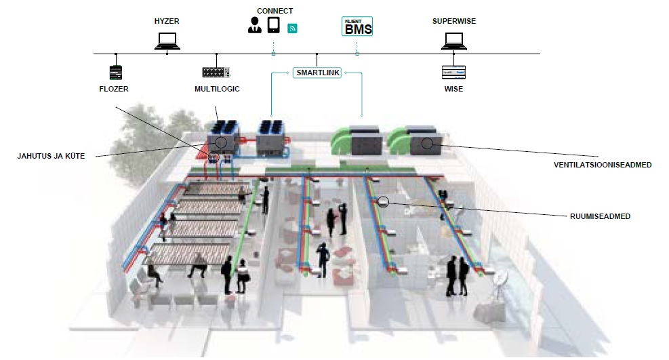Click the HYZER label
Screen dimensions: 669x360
click(167, 21)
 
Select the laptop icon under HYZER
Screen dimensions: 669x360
click(167, 41)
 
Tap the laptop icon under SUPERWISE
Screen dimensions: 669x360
click(454, 41)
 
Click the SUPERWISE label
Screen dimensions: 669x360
click(454, 21)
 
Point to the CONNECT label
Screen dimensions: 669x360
click(275, 11)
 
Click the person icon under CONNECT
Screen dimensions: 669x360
click(255, 25)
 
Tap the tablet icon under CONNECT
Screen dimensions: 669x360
click(273, 25)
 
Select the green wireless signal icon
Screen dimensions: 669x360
click(292, 28)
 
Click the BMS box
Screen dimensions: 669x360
click(357, 26)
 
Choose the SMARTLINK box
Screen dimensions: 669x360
click(317, 73)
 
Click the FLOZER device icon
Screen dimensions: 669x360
click(116, 73)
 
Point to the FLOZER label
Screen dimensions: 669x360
click(114, 89)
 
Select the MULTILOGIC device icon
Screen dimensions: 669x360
click(216, 72)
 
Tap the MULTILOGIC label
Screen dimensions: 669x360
click(217, 89)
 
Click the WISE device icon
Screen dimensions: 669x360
click(453, 72)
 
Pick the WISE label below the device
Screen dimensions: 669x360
click(453, 89)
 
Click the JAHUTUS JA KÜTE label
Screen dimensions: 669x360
click(52, 156)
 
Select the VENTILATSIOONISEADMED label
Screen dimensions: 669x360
click(603, 165)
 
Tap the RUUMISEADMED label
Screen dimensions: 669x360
click(600, 216)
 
